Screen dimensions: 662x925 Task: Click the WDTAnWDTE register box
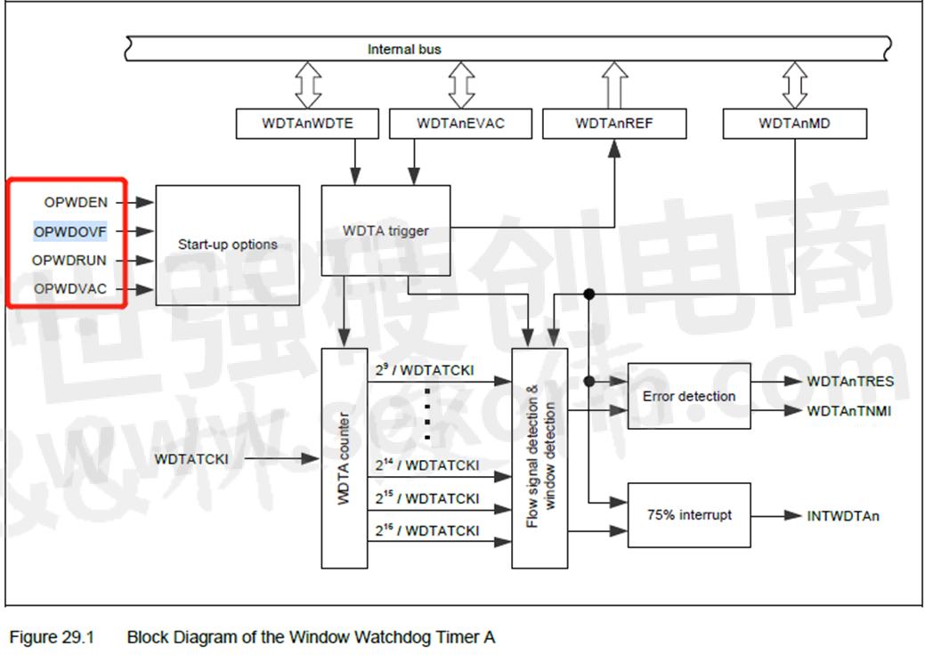(x=307, y=124)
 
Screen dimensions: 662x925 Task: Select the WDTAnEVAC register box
(x=460, y=124)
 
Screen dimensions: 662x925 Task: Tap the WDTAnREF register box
(x=614, y=124)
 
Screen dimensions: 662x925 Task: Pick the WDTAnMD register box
(x=794, y=124)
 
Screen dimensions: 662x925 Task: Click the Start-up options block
(x=227, y=245)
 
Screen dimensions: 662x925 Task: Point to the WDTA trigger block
(x=385, y=231)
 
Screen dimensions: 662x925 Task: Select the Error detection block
(x=689, y=396)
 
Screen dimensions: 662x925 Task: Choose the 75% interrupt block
(x=689, y=514)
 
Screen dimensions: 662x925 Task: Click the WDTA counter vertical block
(x=344, y=458)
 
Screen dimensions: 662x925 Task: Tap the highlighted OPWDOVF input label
(x=70, y=231)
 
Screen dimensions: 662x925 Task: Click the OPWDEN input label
(x=76, y=203)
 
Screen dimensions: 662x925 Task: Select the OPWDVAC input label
(x=70, y=289)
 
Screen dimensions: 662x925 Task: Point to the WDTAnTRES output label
(x=850, y=382)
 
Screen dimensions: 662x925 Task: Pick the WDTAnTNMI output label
(x=848, y=411)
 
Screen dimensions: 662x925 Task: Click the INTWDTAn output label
(x=843, y=515)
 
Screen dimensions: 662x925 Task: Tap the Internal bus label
(x=404, y=49)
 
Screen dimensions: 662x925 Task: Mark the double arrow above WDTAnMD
(x=794, y=85)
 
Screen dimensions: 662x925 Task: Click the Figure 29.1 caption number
(x=52, y=637)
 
